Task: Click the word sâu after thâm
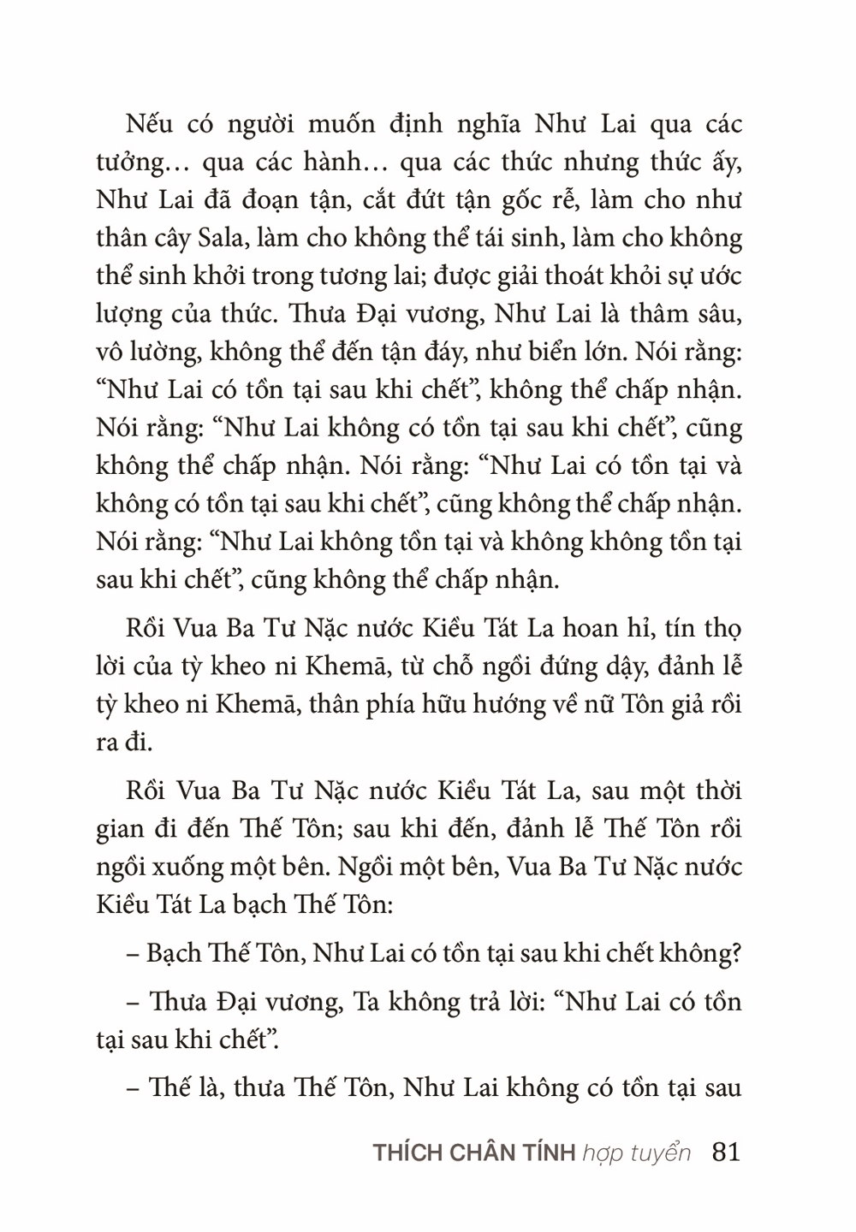tap(718, 314)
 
